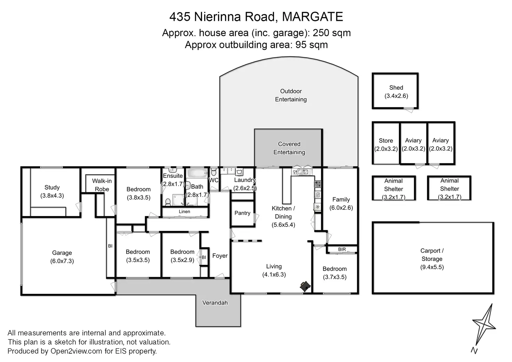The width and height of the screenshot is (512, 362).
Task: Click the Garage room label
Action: point(62,253)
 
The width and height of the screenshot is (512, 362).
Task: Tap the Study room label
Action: point(52,188)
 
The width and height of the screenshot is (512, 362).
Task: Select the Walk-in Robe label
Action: point(102,185)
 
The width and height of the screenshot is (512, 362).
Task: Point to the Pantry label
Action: point(242,213)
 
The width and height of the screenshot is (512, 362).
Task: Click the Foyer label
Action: point(220,256)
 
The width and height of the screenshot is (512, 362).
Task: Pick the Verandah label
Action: point(215,303)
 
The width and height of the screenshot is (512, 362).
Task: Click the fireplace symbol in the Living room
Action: point(305,286)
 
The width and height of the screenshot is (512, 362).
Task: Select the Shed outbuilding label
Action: point(396,88)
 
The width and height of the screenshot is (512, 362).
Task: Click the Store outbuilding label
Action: point(386,141)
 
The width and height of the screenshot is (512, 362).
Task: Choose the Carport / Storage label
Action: point(432,255)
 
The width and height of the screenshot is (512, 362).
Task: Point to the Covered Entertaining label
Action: point(289,148)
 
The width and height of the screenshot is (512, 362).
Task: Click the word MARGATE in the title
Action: point(312,17)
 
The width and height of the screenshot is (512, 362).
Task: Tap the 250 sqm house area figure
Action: point(332,33)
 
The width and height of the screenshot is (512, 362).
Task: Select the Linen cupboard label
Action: point(184,212)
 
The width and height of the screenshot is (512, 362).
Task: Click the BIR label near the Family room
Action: point(342,249)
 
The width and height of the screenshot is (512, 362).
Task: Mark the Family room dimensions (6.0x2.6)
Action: point(341,208)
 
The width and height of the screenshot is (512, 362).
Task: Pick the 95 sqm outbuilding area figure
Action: point(312,45)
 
